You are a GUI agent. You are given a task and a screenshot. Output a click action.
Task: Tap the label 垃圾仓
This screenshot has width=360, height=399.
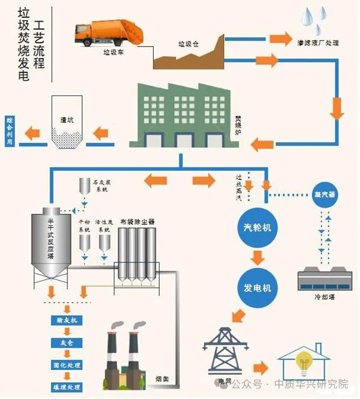[187, 44]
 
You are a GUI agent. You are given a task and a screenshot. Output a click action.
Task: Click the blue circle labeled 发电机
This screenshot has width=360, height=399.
[257, 288]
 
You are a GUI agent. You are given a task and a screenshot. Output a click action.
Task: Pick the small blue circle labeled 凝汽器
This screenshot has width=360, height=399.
[324, 195]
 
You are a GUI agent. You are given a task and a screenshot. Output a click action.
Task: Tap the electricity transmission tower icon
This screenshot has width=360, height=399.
[225, 351]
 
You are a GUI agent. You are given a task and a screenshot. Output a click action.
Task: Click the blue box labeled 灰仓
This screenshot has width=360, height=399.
[67, 343]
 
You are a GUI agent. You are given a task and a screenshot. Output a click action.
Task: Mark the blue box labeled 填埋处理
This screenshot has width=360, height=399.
[67, 387]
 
